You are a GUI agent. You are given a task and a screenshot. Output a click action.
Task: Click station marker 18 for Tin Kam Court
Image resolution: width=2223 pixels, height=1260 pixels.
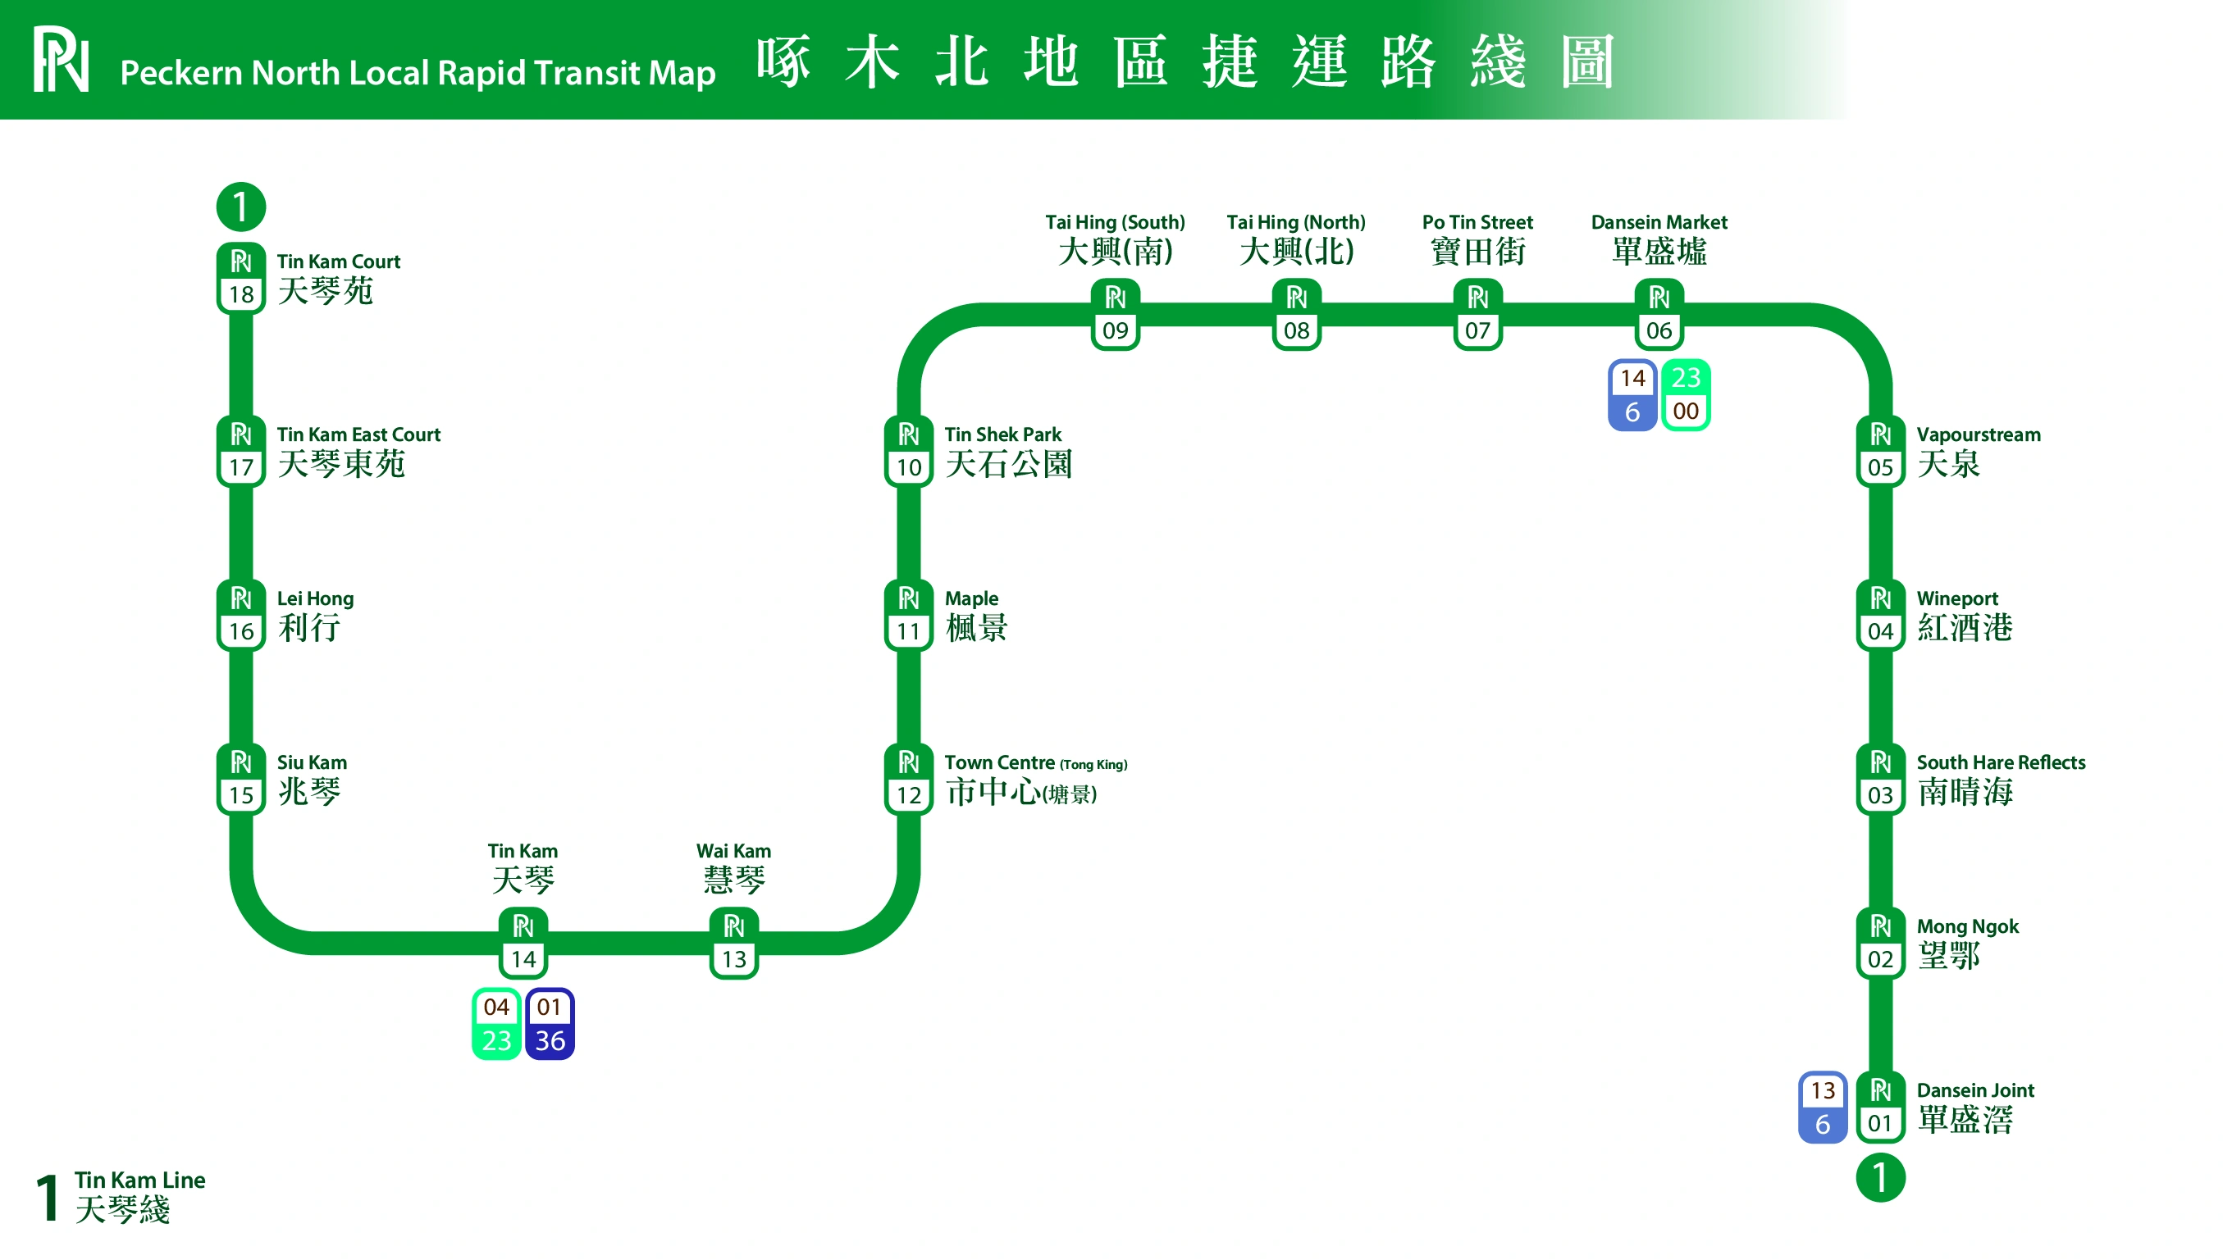[x=240, y=278]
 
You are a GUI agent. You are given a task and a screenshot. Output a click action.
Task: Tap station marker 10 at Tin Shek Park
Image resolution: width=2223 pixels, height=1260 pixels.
[x=908, y=451]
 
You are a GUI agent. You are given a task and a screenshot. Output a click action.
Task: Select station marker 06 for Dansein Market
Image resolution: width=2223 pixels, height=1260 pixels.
[x=1658, y=314]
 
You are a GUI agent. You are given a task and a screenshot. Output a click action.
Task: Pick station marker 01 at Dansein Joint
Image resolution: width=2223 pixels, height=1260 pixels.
[x=1879, y=1107]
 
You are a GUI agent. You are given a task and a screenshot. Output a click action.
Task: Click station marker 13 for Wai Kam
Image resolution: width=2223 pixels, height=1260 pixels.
[x=733, y=943]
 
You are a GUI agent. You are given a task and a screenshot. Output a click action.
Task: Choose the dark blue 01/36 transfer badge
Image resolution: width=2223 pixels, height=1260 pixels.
[x=550, y=1023]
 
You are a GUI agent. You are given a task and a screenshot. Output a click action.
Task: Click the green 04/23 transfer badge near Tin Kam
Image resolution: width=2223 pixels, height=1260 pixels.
[x=496, y=1023]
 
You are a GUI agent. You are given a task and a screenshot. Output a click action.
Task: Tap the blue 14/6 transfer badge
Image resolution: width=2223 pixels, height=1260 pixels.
[x=1632, y=394]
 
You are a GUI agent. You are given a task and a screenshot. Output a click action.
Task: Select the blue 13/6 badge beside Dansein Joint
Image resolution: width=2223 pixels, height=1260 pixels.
[x=1822, y=1107]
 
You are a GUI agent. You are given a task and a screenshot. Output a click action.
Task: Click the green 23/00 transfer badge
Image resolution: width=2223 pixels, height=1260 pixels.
[x=1686, y=394]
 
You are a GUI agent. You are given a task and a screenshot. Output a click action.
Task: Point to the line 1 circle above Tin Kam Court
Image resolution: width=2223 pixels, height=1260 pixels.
[x=240, y=206]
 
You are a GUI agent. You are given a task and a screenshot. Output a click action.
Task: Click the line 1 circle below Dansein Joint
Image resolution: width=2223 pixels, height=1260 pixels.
[x=1879, y=1177]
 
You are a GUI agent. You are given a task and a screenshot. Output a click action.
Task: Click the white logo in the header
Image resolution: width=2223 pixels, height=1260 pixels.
[x=61, y=59]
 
